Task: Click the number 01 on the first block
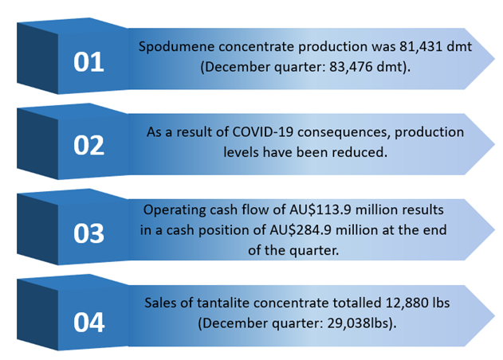point(88,62)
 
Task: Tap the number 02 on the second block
point(88,145)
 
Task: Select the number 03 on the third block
point(88,233)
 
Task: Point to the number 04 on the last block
point(88,323)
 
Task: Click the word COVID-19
point(263,132)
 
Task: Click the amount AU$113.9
point(320,210)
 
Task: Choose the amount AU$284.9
point(301,230)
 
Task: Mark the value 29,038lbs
point(360,323)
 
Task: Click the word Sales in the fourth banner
point(159,303)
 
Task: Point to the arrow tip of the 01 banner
point(494,59)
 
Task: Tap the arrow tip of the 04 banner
point(494,315)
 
